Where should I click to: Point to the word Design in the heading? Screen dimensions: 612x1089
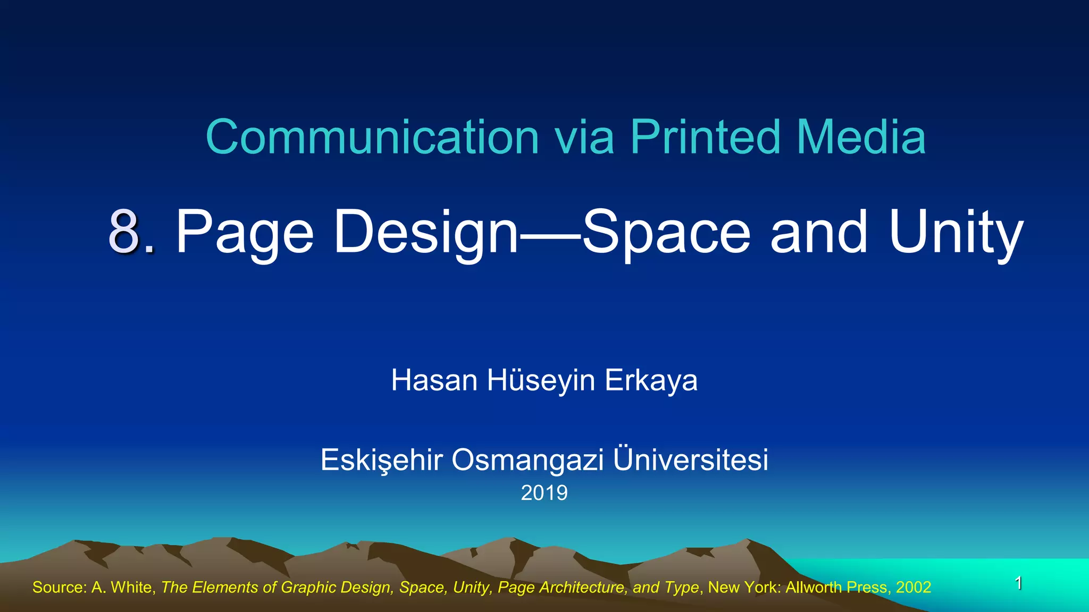(425, 232)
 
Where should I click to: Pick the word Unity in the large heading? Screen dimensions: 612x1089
(956, 232)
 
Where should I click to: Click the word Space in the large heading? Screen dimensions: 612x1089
(666, 232)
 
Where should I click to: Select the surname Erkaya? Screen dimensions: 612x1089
(651, 380)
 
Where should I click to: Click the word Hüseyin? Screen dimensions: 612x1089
(541, 380)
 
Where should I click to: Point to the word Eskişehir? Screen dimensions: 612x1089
(381, 460)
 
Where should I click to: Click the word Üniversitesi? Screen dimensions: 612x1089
(691, 460)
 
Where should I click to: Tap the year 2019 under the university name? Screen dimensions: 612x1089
(544, 493)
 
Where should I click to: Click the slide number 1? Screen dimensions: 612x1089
(1018, 583)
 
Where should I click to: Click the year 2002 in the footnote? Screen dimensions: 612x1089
(914, 587)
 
